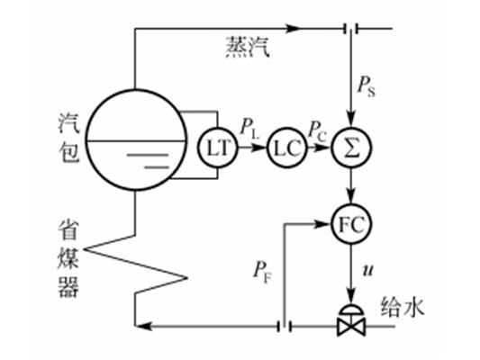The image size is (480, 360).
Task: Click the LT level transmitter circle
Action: (218, 147)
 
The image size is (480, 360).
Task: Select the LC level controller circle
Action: (285, 147)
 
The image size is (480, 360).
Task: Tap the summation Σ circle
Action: (351, 147)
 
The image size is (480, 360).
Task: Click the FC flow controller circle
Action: (351, 220)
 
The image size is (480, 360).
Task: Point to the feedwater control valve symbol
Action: (351, 319)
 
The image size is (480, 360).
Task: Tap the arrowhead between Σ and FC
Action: (351, 199)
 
